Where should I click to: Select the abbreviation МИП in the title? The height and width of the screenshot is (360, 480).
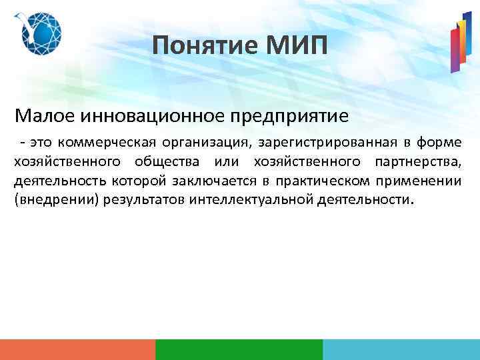[x=295, y=46]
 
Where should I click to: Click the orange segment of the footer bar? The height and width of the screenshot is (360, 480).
[x=77, y=349]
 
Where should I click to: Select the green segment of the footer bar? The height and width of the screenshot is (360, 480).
[x=239, y=349]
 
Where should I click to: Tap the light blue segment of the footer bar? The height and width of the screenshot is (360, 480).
[x=401, y=349]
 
